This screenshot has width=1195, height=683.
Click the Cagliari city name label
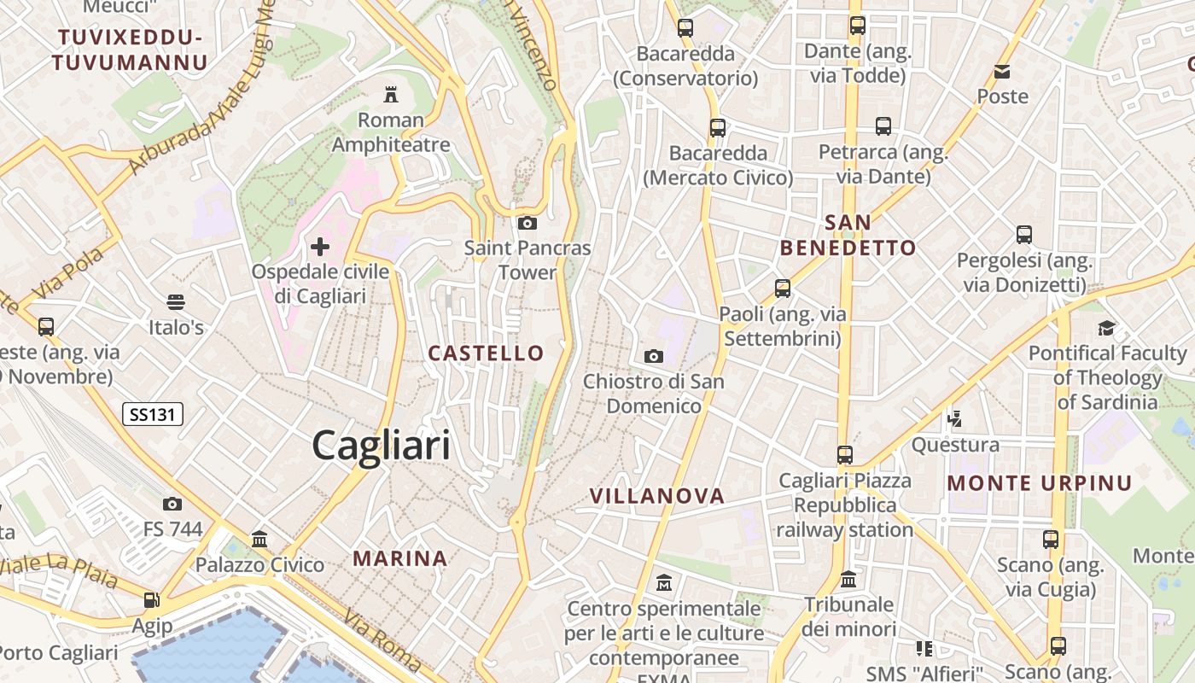(381, 446)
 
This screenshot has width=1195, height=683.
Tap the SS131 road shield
(153, 415)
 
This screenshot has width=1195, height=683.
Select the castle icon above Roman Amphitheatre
(391, 93)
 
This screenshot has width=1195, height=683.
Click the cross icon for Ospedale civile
(320, 248)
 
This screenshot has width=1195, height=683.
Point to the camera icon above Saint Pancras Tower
(528, 224)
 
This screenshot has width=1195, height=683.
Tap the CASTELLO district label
(486, 353)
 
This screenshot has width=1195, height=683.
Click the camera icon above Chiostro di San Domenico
(654, 356)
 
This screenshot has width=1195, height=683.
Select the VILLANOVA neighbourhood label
(657, 496)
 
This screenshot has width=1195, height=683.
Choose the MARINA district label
(400, 558)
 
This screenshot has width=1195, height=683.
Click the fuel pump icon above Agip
(152, 600)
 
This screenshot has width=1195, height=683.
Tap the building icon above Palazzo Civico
(259, 539)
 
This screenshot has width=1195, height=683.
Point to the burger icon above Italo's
(176, 301)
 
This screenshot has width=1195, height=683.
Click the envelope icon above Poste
(1002, 71)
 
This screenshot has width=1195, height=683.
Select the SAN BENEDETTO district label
(848, 236)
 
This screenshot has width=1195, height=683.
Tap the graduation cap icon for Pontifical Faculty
(1107, 328)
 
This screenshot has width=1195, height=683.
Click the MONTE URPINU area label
(1040, 483)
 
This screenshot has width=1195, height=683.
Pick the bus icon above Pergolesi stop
(1024, 234)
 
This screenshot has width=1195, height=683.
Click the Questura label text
(955, 445)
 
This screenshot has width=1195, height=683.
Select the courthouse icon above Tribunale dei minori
(848, 579)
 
